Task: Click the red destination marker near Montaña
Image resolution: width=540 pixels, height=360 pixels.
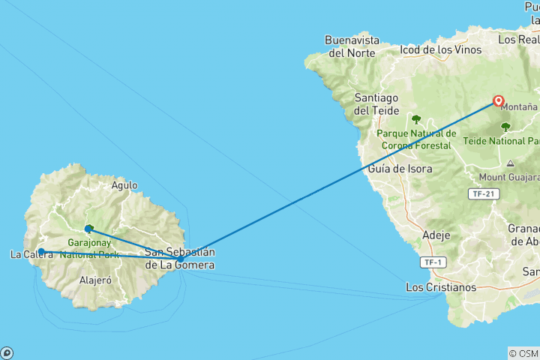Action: (x=499, y=100)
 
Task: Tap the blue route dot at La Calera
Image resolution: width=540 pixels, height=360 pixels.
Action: (x=42, y=252)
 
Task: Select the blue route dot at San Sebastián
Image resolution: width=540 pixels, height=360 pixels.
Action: (x=180, y=259)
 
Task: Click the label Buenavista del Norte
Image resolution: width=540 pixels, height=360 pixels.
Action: (x=349, y=46)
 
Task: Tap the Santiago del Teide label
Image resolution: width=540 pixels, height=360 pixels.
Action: (x=372, y=104)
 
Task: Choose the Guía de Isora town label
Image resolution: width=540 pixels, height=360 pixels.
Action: (x=400, y=169)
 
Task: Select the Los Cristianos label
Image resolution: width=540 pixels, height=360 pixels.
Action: (x=440, y=287)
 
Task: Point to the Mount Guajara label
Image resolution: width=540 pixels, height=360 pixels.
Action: (x=507, y=178)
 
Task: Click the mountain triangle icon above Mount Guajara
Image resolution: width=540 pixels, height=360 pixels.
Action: (x=511, y=163)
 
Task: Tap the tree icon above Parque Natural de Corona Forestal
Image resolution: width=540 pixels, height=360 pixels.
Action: (x=416, y=118)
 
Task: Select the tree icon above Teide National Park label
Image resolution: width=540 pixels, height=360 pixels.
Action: (x=505, y=126)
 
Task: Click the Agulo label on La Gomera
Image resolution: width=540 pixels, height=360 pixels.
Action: (x=124, y=184)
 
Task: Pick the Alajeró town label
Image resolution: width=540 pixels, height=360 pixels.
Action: (x=95, y=280)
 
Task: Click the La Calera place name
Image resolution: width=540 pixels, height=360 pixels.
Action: (x=31, y=254)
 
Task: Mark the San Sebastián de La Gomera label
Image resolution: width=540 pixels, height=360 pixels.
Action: (x=180, y=258)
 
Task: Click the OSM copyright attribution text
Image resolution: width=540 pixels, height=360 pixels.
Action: (x=523, y=353)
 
